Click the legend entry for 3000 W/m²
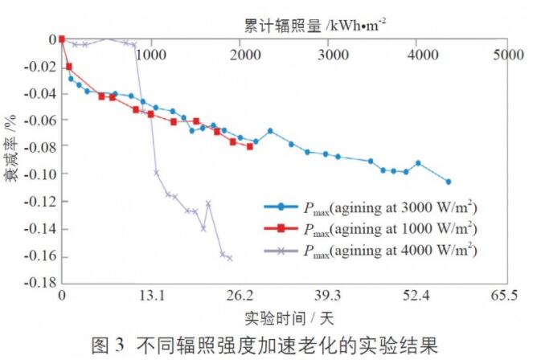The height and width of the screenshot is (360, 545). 376,207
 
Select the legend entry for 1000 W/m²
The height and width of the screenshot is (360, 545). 376,228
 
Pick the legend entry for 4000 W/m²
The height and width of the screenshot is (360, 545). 376,250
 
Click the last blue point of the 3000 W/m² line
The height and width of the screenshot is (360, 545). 449,182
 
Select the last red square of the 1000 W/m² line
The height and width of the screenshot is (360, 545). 250,146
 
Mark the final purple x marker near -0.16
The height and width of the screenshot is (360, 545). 230,258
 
